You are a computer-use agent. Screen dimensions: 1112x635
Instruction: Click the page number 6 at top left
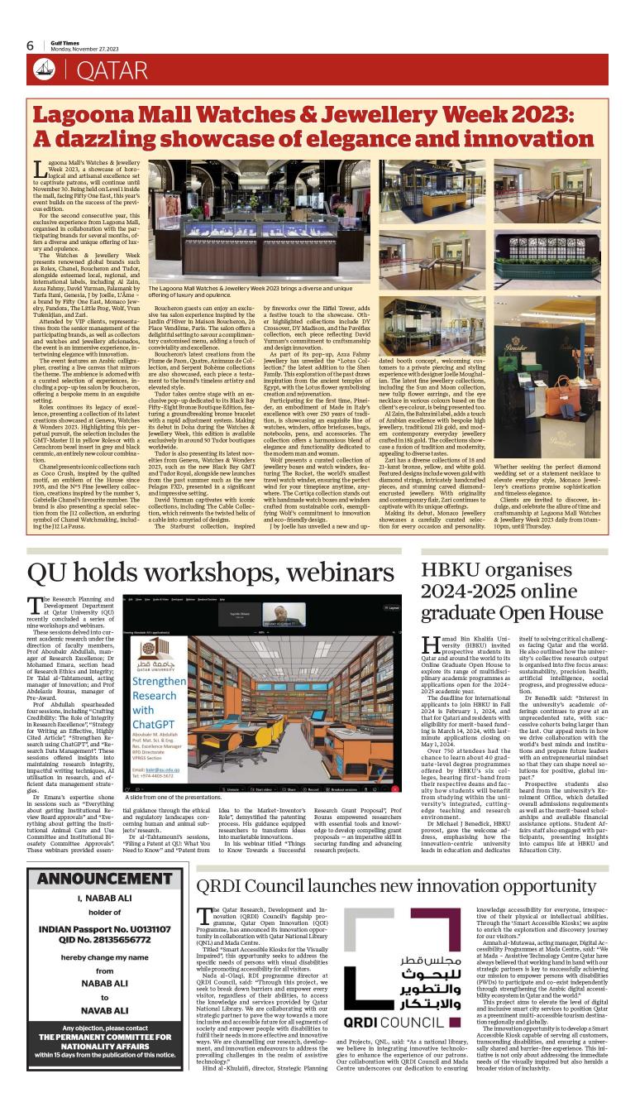point(30,46)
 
